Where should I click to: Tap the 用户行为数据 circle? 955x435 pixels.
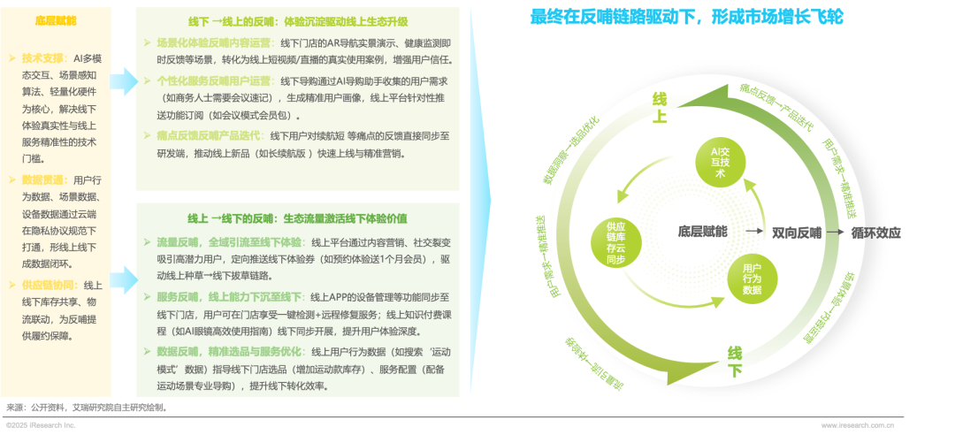click(x=753, y=278)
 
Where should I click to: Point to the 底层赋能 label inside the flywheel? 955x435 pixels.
click(x=702, y=233)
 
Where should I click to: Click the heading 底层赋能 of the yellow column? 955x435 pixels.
click(x=56, y=19)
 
